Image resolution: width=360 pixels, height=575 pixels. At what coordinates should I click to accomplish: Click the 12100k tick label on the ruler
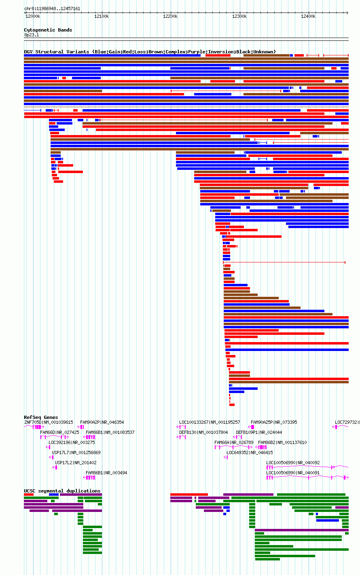point(102,17)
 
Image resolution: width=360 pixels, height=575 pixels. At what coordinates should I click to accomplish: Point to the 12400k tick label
point(308,17)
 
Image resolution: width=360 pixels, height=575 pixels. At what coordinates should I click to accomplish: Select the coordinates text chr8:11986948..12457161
point(52,9)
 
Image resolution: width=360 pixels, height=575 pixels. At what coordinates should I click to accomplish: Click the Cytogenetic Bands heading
point(48,30)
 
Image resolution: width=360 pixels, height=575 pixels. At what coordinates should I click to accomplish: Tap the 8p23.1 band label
point(32,35)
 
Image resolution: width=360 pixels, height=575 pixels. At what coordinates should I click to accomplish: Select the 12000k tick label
point(33,17)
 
